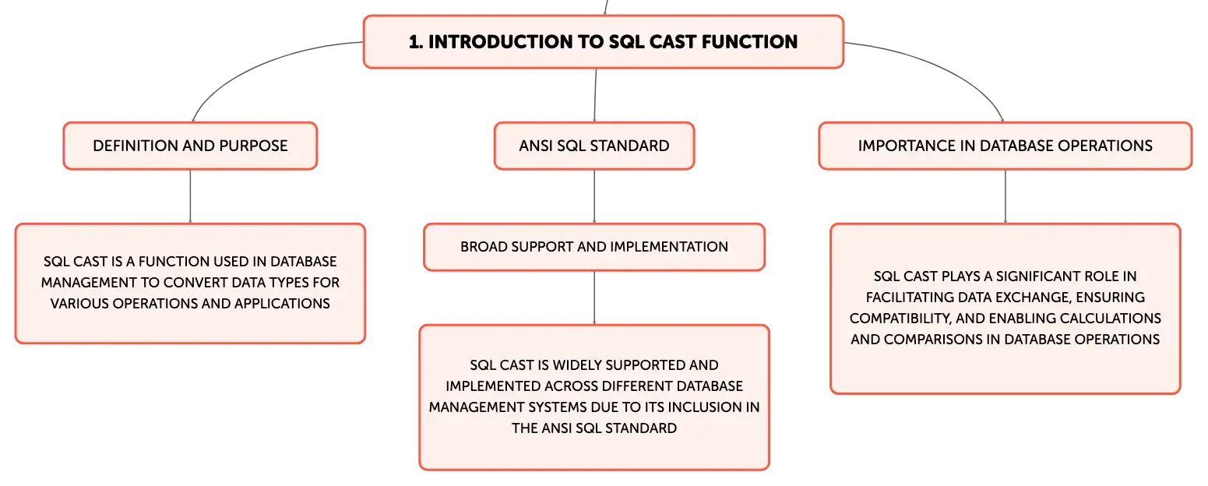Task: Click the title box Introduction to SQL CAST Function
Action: [x=604, y=41]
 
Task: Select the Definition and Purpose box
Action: [x=190, y=146]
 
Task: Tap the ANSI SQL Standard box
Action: [x=594, y=146]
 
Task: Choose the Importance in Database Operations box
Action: [x=1005, y=146]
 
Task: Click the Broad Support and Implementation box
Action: [x=594, y=247]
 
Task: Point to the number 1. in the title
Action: [x=416, y=42]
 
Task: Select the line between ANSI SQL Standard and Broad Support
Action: [x=594, y=196]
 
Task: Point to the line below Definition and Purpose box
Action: [x=190, y=196]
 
